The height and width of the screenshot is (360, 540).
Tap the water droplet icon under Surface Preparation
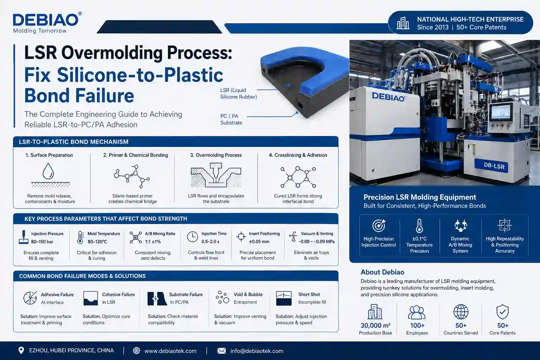coord(48,172)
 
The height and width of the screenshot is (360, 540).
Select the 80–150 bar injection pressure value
coord(42,242)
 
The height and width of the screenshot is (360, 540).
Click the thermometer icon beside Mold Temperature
coord(80,238)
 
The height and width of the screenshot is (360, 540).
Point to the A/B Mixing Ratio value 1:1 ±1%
coord(153,242)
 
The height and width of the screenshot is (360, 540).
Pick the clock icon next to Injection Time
coord(192,237)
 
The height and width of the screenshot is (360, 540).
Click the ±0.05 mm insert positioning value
coord(259,242)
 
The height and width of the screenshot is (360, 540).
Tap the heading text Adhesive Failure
coord(57,295)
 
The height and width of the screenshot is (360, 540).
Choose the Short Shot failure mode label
coord(309,295)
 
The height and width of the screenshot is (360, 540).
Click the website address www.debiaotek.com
coord(171,351)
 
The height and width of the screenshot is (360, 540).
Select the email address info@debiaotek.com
coord(257,351)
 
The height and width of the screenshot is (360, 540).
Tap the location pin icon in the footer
coord(21,351)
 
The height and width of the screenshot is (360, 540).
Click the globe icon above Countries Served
coord(461,311)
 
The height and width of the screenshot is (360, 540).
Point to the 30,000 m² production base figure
coord(375,326)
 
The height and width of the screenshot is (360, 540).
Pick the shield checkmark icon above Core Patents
coord(502,311)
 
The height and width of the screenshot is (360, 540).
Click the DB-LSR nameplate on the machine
coord(494,166)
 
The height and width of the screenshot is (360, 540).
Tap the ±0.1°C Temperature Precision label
coord(419,245)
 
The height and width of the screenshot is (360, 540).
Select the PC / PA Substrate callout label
coord(231,120)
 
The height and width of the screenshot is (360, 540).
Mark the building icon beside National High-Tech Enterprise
coord(403,23)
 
